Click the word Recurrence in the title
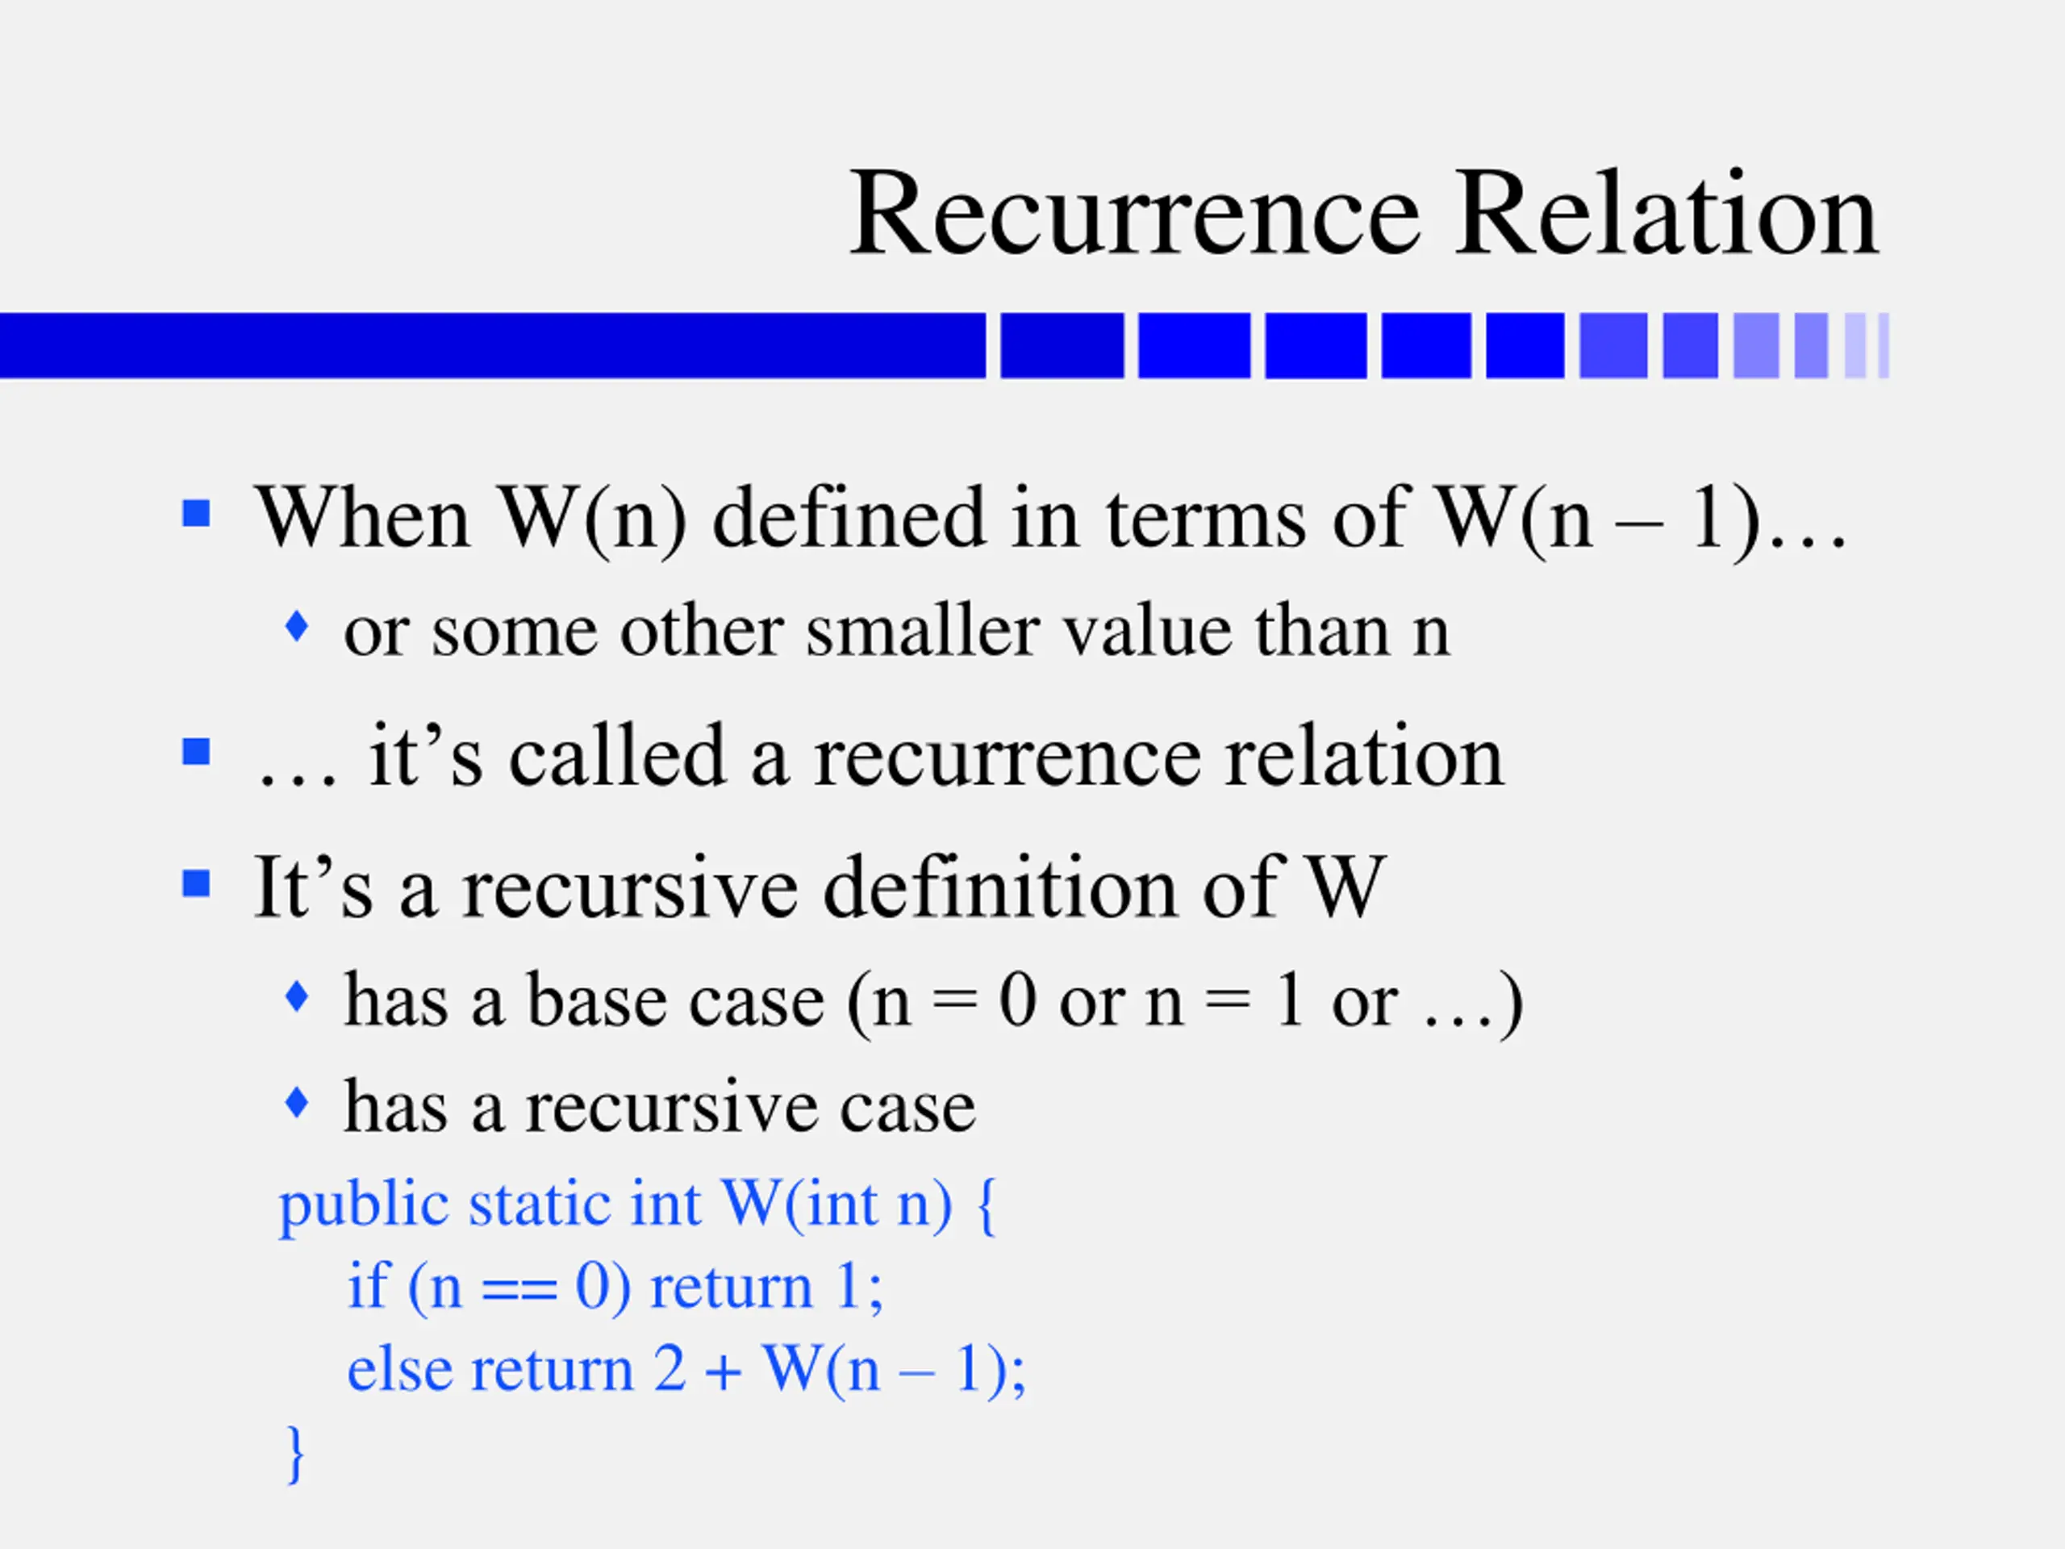(1134, 214)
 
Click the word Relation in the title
(1667, 214)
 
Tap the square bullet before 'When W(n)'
(196, 514)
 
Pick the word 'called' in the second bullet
(617, 756)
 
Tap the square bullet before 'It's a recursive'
(196, 883)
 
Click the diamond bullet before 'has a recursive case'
(297, 1103)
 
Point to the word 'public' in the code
(364, 1205)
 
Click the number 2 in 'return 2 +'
(670, 1370)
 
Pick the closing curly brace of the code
(295, 1454)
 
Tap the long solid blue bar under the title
(492, 345)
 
